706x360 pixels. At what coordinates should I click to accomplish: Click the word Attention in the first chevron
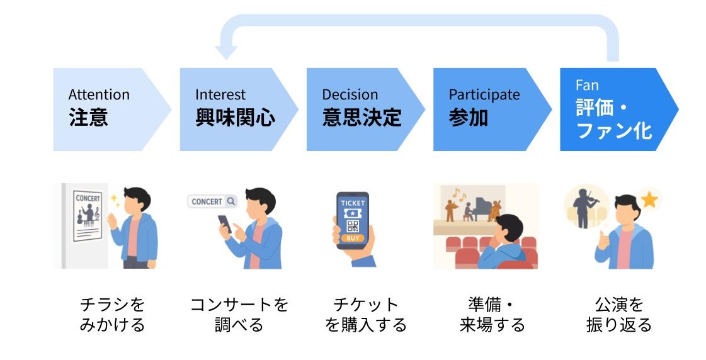[x=99, y=95]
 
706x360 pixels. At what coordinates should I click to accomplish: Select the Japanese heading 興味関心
[x=235, y=118]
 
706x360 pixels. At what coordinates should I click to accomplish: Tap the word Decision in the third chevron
[x=350, y=95]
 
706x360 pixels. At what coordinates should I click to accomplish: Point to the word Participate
[x=484, y=95]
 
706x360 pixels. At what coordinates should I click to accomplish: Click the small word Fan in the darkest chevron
[x=587, y=86]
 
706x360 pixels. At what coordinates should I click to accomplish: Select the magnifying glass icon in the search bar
[x=231, y=201]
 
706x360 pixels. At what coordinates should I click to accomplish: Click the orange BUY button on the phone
[x=352, y=239]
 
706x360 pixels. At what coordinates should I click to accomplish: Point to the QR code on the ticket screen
[x=352, y=225]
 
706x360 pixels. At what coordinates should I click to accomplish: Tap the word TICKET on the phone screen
[x=352, y=203]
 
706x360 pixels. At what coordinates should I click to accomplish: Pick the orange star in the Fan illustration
[x=649, y=200]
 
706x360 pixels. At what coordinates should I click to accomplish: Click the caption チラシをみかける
[x=112, y=315]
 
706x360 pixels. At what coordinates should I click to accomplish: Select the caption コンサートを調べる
[x=239, y=315]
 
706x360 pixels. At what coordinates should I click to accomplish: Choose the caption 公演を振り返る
[x=618, y=315]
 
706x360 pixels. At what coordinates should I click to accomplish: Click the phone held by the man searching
[x=225, y=223]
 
